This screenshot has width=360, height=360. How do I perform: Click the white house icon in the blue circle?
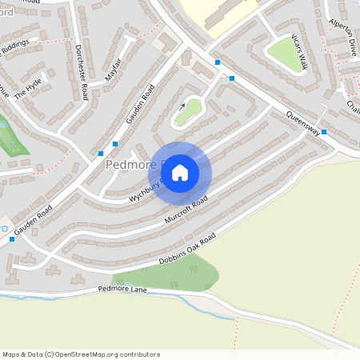point(180,172)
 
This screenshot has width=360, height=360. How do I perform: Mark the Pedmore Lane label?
point(123,289)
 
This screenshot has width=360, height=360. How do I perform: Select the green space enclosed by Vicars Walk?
point(286,54)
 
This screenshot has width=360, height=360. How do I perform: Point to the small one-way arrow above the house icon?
point(182,105)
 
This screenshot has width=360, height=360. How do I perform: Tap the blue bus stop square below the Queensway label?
point(324,132)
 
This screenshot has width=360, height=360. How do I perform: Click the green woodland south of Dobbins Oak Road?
point(172,274)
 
